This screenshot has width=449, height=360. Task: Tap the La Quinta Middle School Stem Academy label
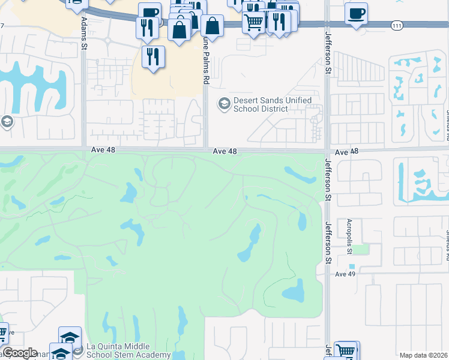tap(128, 350)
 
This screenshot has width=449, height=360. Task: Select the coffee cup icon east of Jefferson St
tap(356, 13)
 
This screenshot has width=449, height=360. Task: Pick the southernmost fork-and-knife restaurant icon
tap(153, 56)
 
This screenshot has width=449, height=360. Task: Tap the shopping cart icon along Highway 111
tap(253, 22)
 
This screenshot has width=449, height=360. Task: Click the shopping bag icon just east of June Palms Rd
tap(212, 26)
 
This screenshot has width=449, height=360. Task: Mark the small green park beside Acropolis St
tap(358, 249)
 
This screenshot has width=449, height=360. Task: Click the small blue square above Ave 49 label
tap(352, 266)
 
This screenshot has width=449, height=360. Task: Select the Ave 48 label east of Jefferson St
tap(346, 152)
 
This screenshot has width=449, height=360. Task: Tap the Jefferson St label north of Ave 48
tap(328, 61)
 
